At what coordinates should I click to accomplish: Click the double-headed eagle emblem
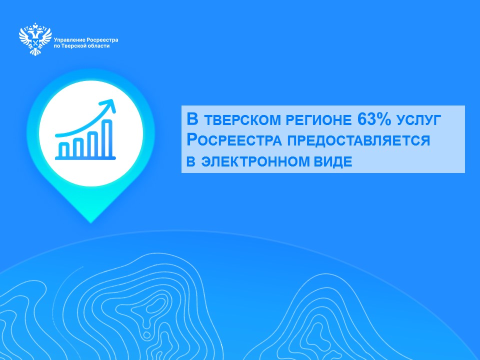(x=35, y=39)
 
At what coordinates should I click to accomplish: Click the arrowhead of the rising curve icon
(x=109, y=105)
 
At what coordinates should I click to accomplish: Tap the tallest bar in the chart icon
(x=108, y=138)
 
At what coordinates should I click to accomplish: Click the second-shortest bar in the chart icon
(x=78, y=147)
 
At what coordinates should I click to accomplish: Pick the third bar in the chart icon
(x=93, y=144)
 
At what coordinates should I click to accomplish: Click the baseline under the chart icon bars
(x=85, y=158)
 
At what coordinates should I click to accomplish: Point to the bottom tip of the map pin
(x=90, y=222)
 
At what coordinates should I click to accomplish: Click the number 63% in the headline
(x=374, y=119)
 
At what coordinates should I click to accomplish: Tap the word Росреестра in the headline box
(x=234, y=140)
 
